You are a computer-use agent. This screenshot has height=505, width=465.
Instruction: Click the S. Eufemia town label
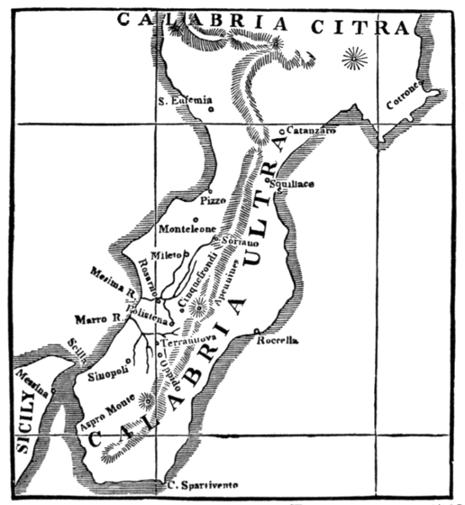[x=181, y=101]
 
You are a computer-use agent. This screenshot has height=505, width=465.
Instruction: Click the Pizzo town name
[x=214, y=201]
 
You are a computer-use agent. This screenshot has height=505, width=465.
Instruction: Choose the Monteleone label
[x=187, y=229]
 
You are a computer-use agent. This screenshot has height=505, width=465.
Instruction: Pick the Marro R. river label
[x=97, y=320]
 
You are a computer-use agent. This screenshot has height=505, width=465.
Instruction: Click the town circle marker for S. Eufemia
[x=211, y=108]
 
